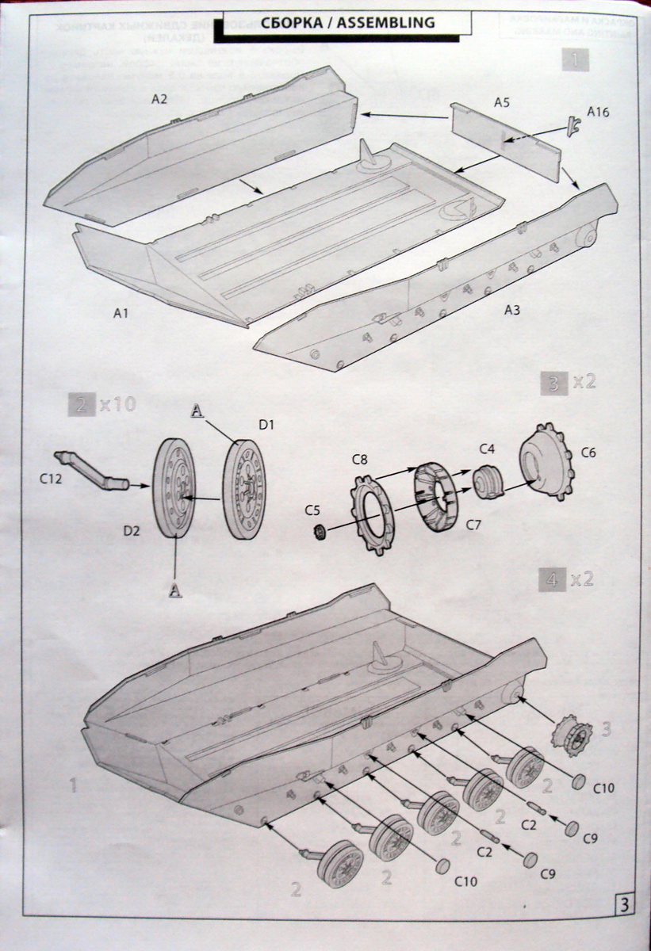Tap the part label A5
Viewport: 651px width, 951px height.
(501, 102)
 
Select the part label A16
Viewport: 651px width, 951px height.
(599, 113)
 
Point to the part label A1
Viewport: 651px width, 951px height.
(120, 314)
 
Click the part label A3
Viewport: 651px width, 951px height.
(512, 310)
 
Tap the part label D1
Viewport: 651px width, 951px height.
(266, 425)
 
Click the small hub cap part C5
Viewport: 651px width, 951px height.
(321, 530)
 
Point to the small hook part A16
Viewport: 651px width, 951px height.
(573, 124)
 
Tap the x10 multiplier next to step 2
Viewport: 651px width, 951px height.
(117, 405)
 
